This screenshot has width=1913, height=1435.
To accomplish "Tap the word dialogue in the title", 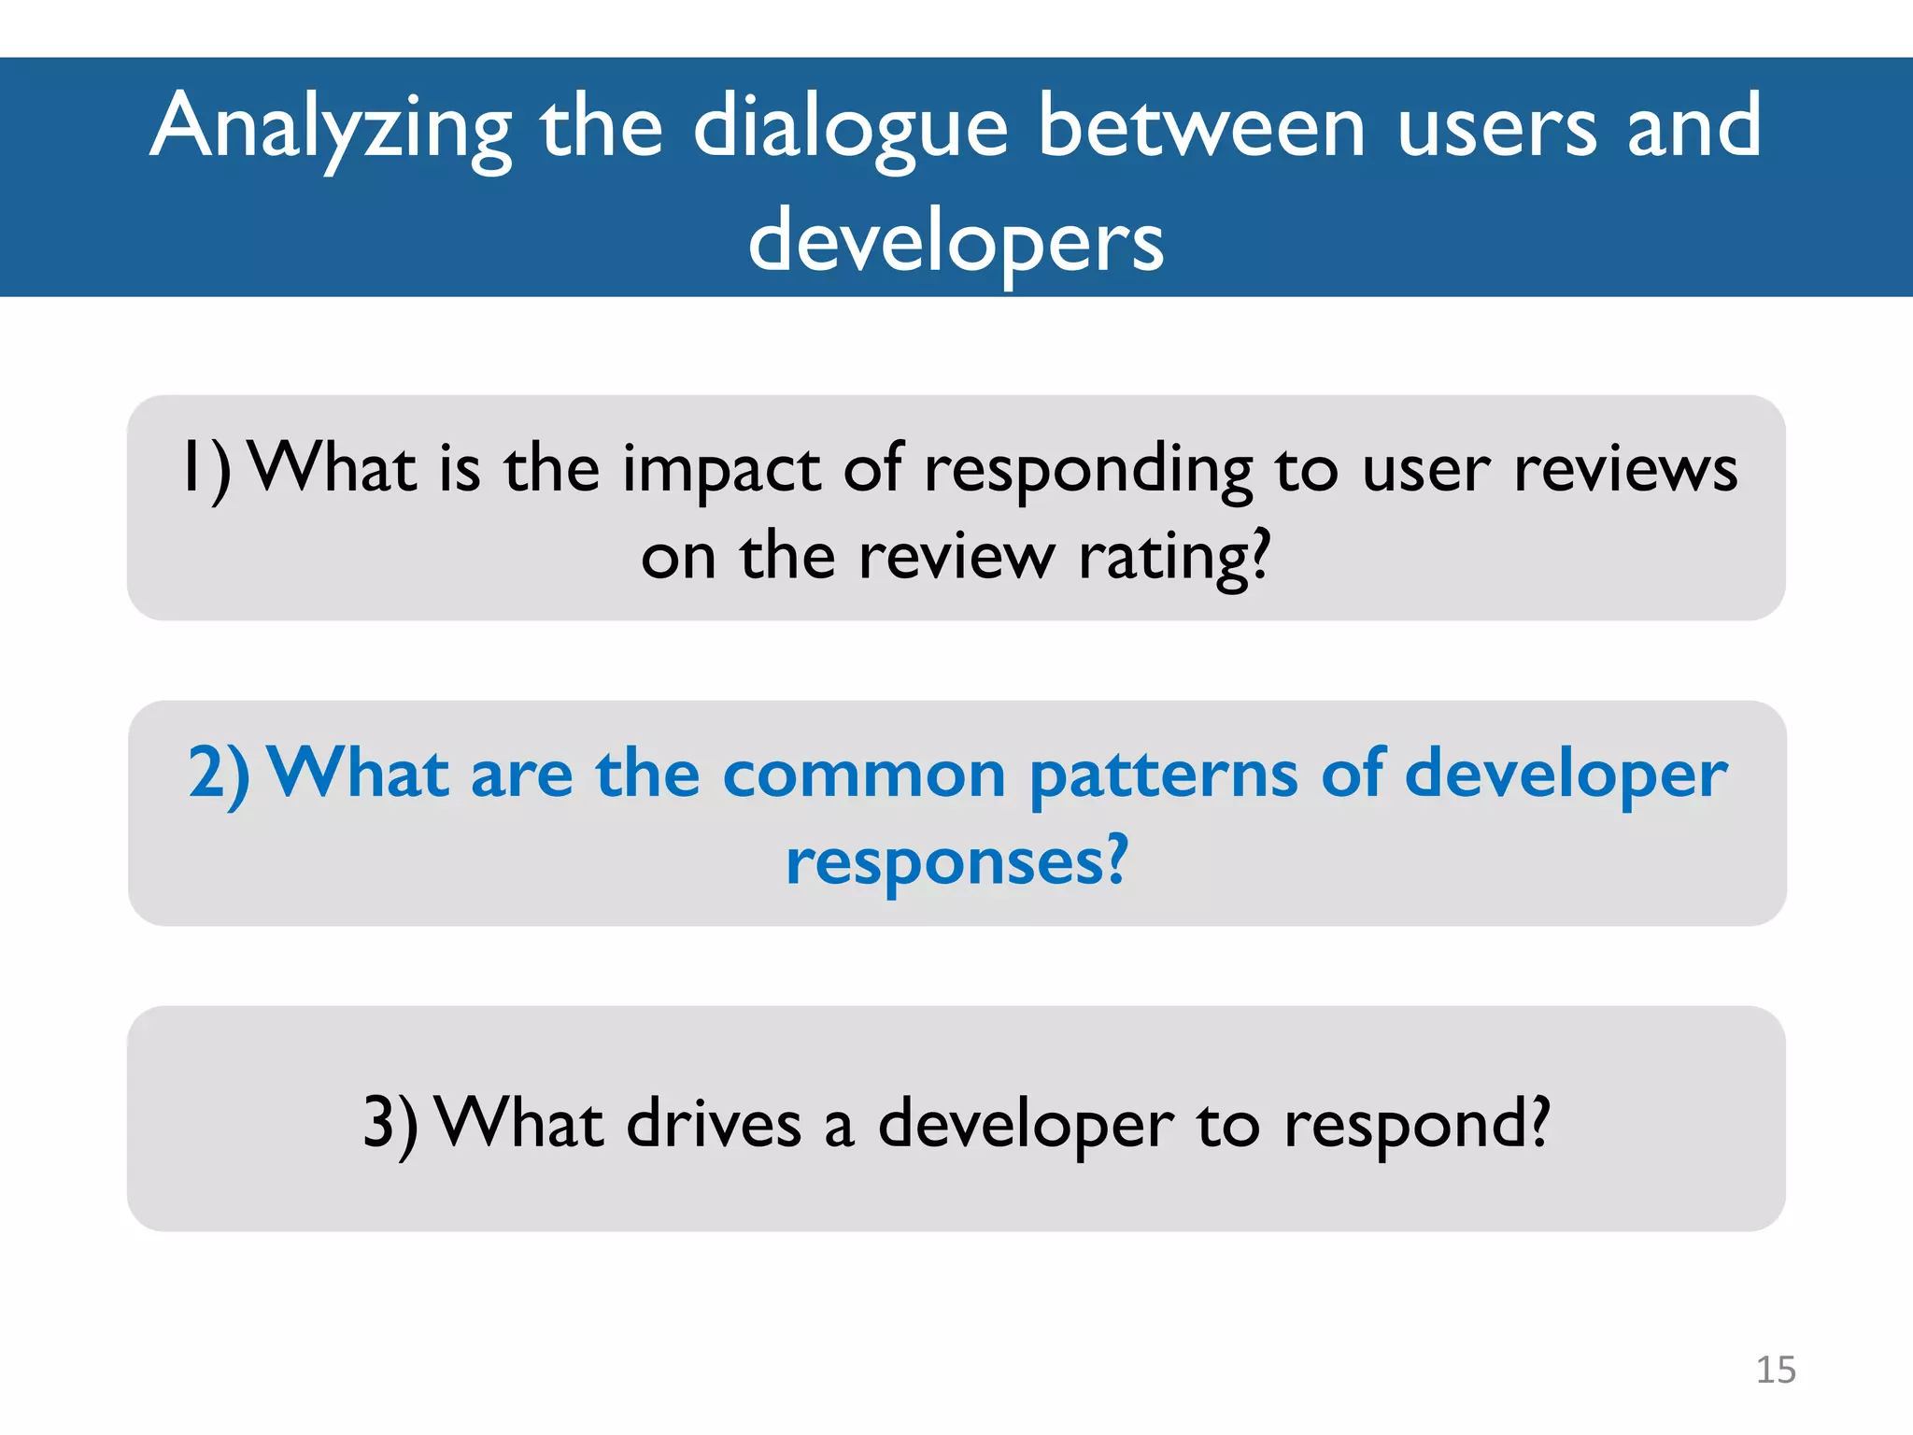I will point(850,128).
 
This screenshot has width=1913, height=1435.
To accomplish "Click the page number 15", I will point(1775,1370).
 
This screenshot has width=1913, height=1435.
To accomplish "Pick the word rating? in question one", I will point(1174,557).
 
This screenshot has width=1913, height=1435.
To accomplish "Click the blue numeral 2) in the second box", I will point(219,774).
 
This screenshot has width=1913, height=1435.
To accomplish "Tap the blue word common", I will point(864,774).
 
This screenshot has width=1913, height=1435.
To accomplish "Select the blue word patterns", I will point(1163,774).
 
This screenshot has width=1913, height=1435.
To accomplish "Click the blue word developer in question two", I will point(1566,774).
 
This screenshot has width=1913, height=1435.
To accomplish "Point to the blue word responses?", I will point(956,861).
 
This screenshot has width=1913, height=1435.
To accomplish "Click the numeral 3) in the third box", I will point(390,1123).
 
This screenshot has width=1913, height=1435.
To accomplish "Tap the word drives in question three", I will point(714,1123).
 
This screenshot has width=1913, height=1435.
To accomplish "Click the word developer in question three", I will point(1025,1123).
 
